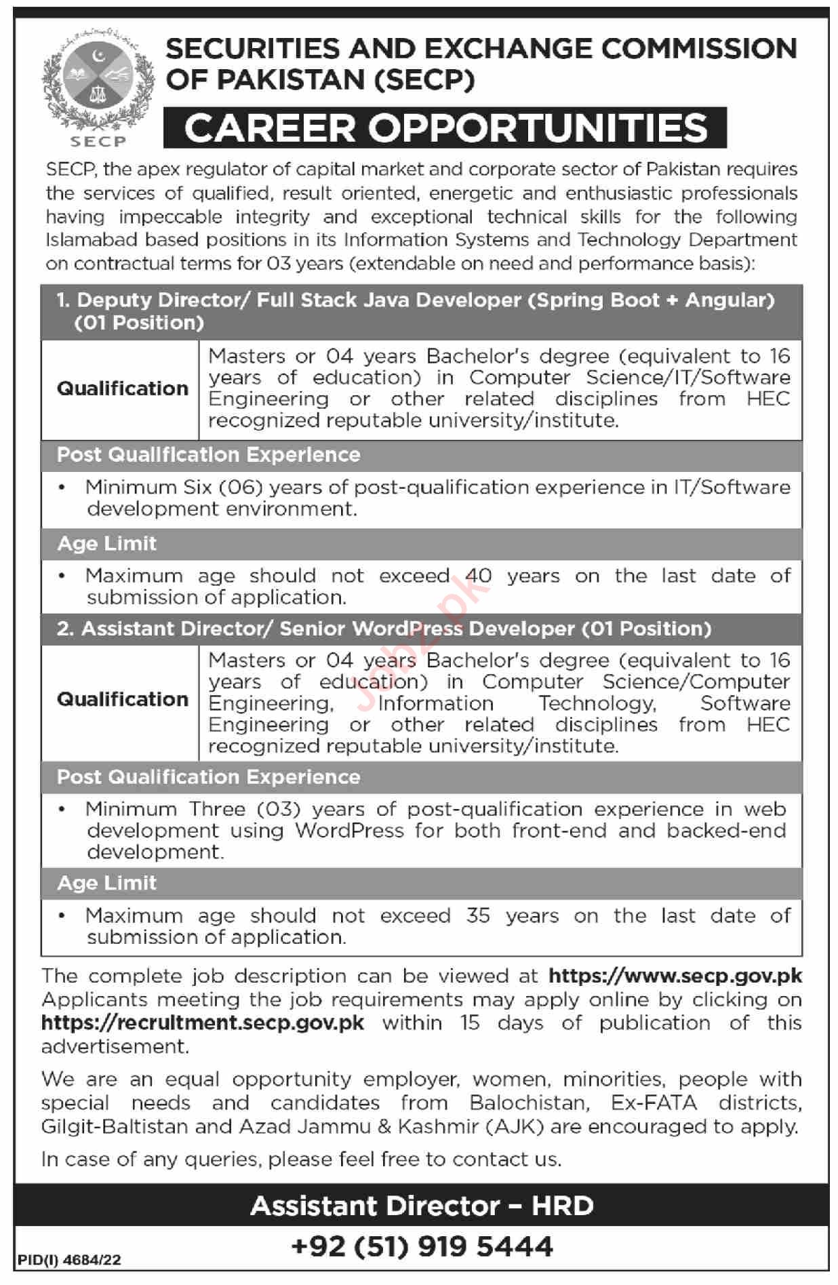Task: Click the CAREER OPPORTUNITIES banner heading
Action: [x=445, y=127]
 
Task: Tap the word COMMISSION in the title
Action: [x=699, y=48]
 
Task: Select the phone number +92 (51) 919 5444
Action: [x=422, y=1246]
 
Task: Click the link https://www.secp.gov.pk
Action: [x=675, y=976]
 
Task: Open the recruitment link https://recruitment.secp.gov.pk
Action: [x=203, y=1023]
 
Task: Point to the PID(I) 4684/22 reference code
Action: [x=69, y=1260]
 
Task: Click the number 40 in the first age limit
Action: [x=478, y=576]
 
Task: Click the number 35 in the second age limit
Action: [x=477, y=915]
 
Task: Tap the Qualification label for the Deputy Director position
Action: [x=122, y=389]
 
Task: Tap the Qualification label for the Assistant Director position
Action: [x=122, y=699]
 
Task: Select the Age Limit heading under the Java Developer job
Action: [x=106, y=544]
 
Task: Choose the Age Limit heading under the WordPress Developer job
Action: [x=106, y=883]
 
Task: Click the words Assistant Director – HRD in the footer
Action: [x=422, y=1206]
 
